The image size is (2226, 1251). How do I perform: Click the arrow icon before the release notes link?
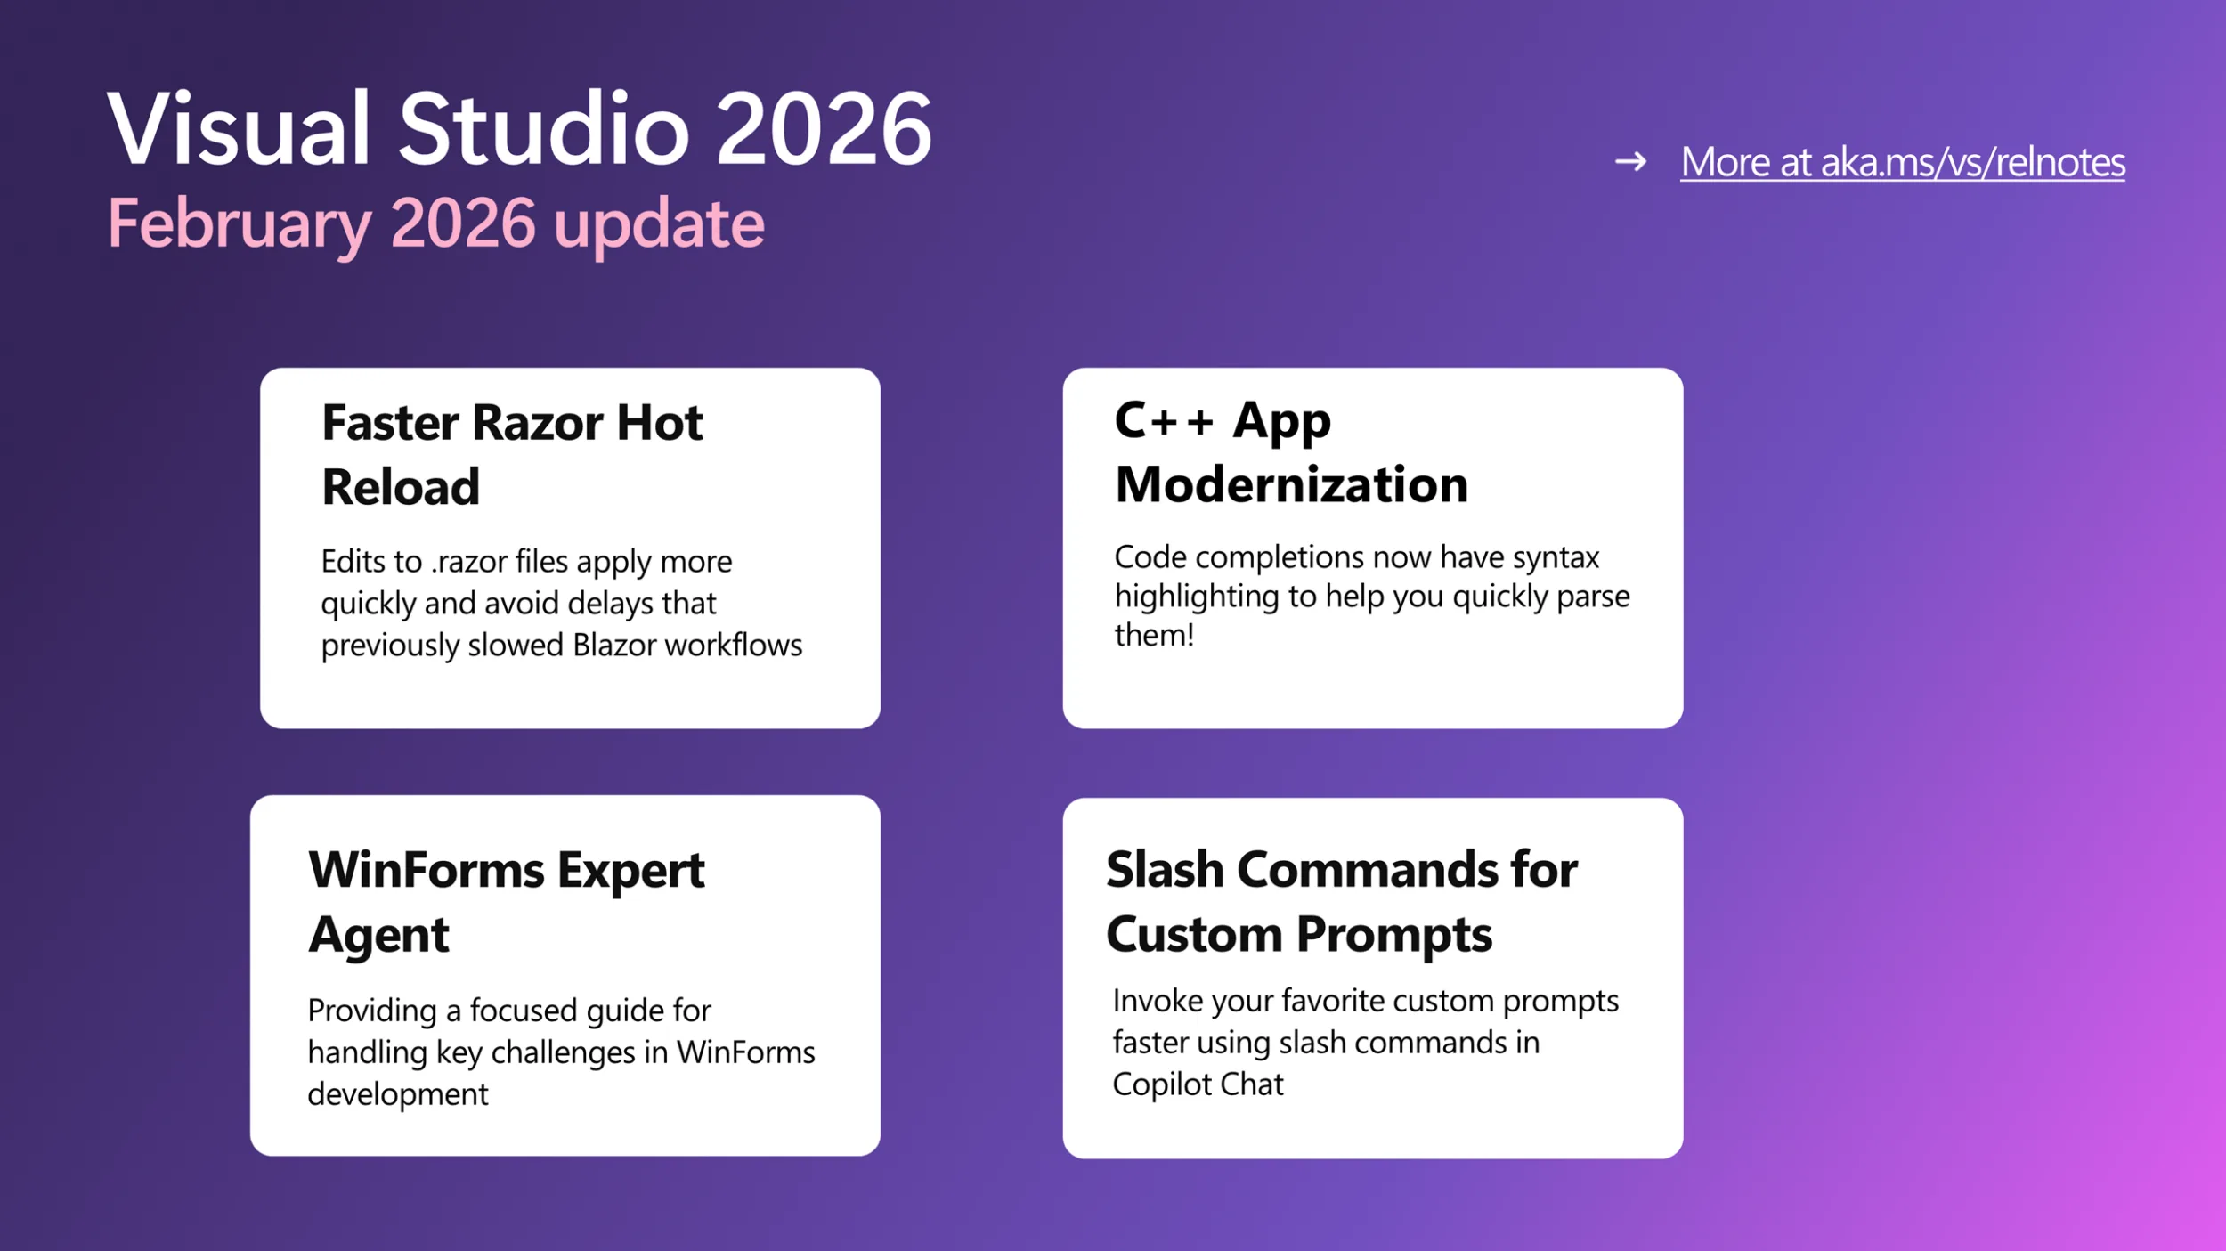coord(1630,162)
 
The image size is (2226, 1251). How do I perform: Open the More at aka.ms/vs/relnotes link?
coord(1902,162)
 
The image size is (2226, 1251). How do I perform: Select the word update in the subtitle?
coord(658,225)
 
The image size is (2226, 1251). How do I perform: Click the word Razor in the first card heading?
coord(538,423)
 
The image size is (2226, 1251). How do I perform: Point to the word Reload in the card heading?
coord(401,487)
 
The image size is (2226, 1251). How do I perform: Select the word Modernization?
coord(1291,485)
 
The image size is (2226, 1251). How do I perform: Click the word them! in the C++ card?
coord(1154,635)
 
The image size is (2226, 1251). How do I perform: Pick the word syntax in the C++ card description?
coord(1556,557)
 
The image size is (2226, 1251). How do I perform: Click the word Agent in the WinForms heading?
coord(378,935)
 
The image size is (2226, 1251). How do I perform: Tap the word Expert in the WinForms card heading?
coord(630,870)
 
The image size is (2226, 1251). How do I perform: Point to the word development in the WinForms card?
coord(397,1093)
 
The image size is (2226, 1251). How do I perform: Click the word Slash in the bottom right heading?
coord(1165,870)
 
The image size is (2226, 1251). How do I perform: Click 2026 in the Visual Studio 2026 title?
coord(823,130)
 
